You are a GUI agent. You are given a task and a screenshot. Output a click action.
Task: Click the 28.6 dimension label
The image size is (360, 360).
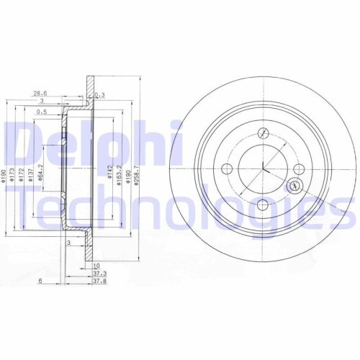(x=40, y=93)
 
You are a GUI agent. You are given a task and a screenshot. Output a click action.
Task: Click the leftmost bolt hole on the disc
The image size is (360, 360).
(x=228, y=168)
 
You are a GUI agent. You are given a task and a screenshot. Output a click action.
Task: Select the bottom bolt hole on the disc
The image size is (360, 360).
(x=264, y=205)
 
